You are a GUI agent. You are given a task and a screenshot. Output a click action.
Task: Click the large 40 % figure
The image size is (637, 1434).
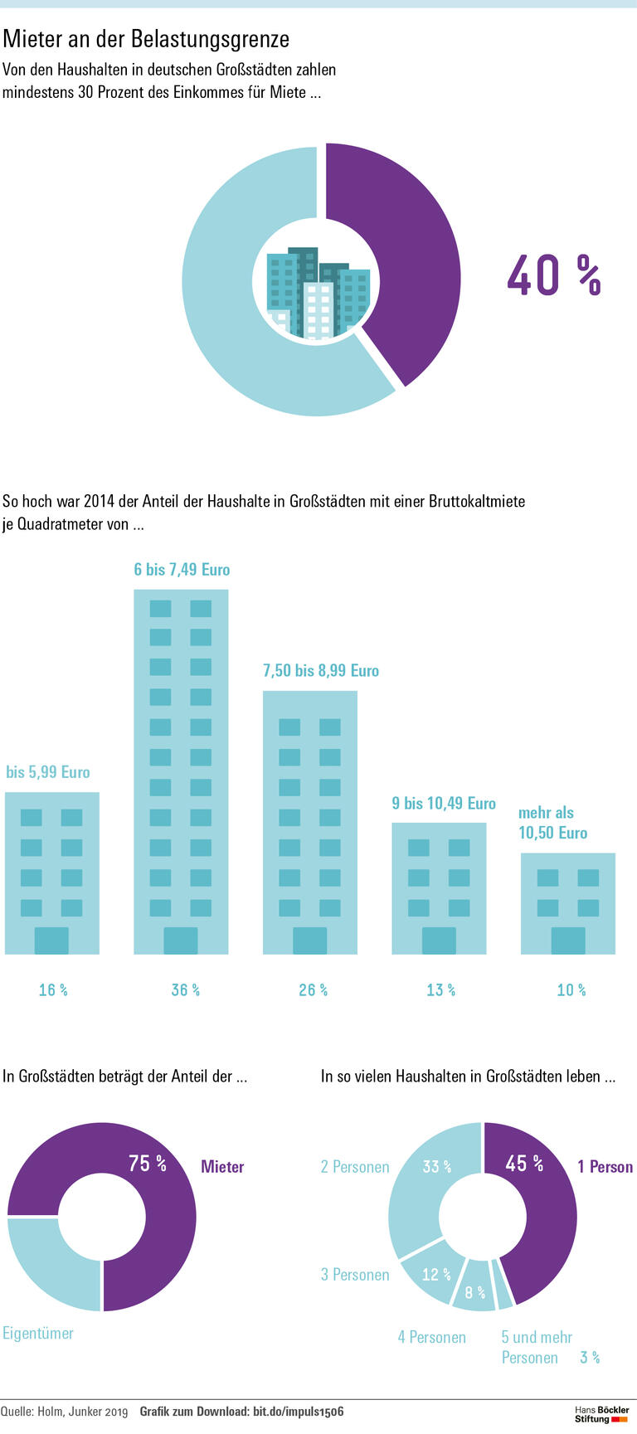click(x=552, y=275)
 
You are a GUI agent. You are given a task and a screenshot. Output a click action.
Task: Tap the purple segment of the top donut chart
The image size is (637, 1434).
click(x=406, y=265)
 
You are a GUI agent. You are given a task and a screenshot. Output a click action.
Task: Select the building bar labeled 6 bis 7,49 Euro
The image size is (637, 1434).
click(x=181, y=771)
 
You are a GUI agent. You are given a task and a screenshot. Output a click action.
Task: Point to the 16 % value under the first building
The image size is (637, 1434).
click(x=53, y=989)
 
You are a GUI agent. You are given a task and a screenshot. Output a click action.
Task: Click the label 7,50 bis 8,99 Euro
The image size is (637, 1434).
click(x=321, y=670)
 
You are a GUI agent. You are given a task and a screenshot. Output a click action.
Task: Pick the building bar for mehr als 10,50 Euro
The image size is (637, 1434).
click(x=568, y=903)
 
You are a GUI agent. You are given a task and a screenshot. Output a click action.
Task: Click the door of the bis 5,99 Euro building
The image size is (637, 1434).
click(x=51, y=941)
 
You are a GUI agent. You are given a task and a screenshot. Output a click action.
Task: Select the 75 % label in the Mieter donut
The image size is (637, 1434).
click(x=148, y=1164)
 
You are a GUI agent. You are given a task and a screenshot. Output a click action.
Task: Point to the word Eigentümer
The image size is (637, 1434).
click(x=38, y=1333)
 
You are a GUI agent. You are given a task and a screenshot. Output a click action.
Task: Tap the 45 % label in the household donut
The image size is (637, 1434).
click(x=524, y=1164)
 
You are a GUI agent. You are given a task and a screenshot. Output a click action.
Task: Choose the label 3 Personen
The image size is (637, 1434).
click(x=355, y=1274)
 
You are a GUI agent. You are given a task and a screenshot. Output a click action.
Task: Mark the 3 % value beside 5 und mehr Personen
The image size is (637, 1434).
click(x=590, y=1357)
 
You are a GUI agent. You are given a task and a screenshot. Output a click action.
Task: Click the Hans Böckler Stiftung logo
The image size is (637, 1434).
click(x=602, y=1414)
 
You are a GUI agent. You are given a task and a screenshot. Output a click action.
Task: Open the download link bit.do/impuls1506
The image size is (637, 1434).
click(x=298, y=1412)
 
